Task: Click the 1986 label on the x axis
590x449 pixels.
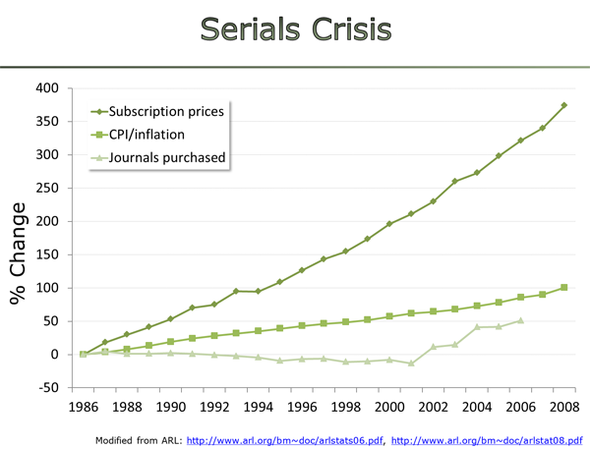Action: coord(84,405)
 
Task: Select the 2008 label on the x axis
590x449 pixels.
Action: coord(563,405)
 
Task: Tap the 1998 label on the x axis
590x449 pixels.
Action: coord(345,405)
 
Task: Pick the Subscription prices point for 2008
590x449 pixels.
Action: coord(563,105)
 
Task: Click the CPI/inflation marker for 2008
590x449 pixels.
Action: coord(563,288)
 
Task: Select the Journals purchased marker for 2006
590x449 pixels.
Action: coord(520,320)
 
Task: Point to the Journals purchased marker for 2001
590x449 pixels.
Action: coord(411,364)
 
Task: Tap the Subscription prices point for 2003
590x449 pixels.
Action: coord(454,182)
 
